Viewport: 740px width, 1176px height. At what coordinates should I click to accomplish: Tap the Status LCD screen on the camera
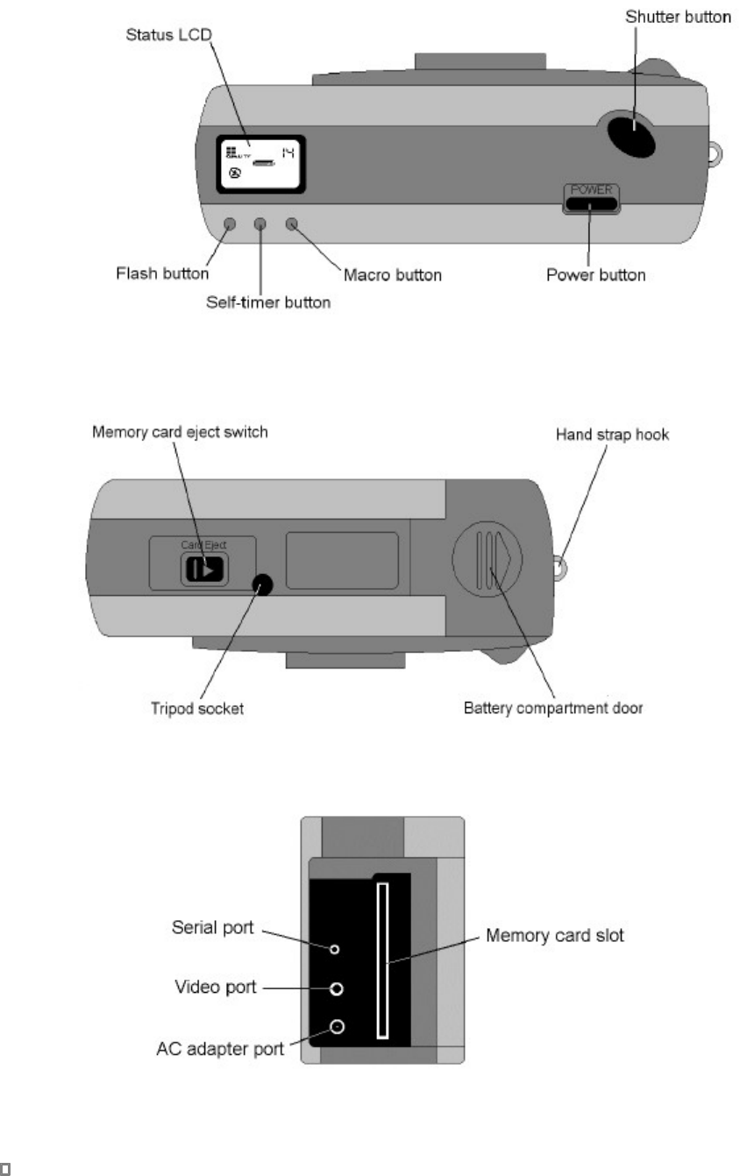point(260,164)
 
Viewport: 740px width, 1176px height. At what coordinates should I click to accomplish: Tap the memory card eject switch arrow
point(203,570)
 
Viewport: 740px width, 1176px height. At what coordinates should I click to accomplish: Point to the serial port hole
point(335,948)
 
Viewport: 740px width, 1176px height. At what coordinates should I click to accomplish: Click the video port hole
point(337,988)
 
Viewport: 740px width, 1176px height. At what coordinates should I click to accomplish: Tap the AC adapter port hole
point(337,1028)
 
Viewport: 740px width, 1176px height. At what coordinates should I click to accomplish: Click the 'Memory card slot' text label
point(555,936)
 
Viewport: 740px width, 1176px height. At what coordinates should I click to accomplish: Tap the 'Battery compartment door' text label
point(553,707)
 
